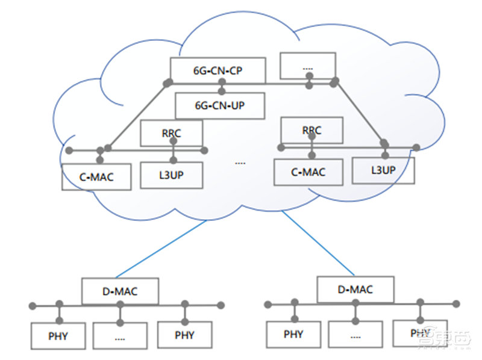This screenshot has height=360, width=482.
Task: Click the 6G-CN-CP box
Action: [218, 70]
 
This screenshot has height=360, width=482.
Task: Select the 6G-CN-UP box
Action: [220, 105]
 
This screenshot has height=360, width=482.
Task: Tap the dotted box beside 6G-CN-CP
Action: [308, 66]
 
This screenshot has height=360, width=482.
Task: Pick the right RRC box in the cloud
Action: [311, 129]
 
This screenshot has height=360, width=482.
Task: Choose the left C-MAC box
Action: [96, 177]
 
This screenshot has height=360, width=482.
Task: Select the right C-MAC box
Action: [308, 172]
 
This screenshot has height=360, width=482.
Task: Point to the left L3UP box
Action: [172, 175]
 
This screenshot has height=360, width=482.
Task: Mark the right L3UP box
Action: [383, 170]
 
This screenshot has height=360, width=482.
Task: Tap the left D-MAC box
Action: [120, 291]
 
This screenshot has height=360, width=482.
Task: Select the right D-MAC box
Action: [355, 290]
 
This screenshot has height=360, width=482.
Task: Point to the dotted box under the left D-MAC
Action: [120, 336]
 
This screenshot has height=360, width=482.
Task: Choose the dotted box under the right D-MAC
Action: [355, 334]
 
